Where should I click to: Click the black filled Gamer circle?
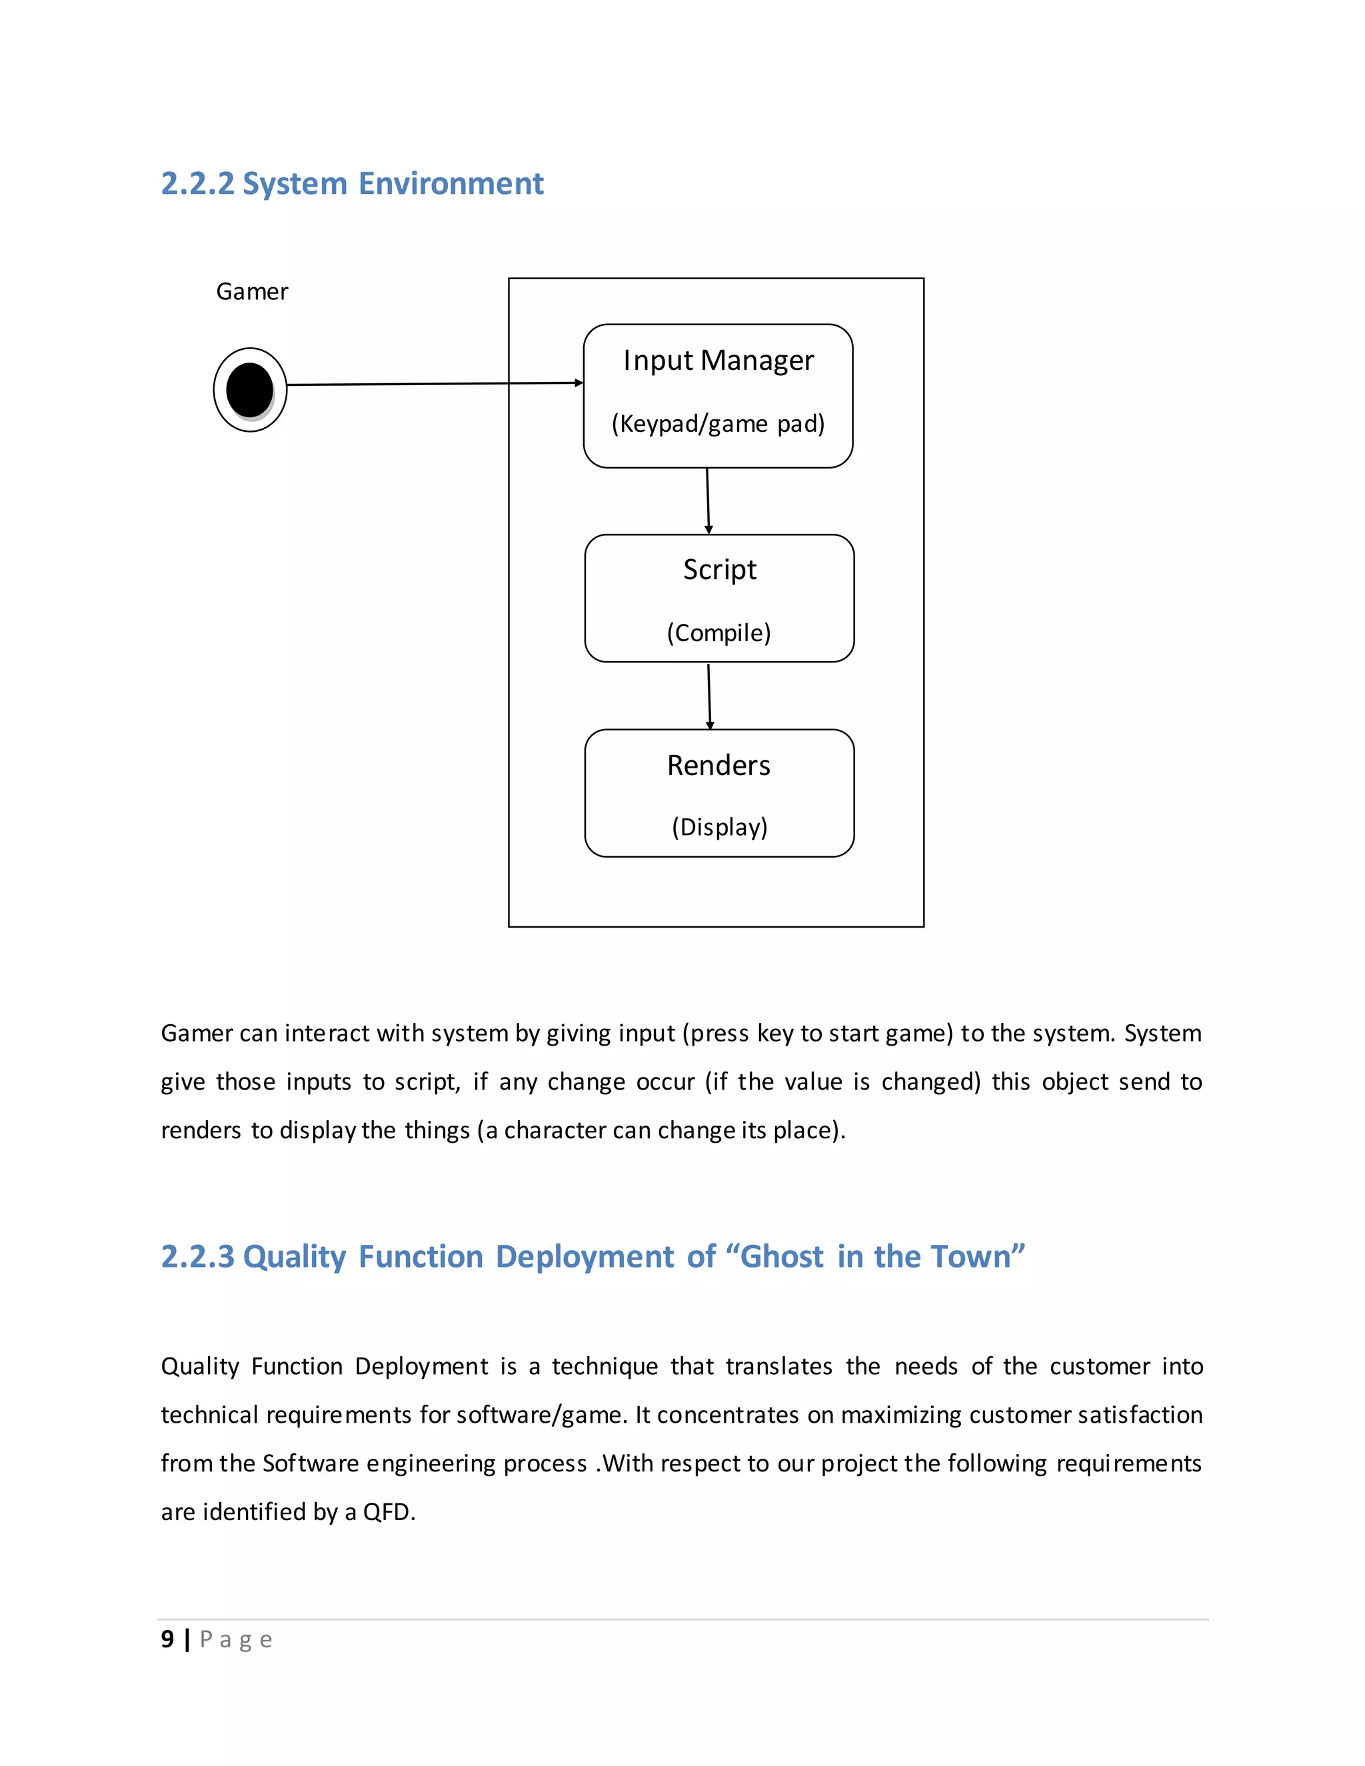click(250, 390)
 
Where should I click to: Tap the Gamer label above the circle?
click(251, 292)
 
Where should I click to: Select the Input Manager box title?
click(718, 361)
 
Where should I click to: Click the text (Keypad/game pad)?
click(718, 424)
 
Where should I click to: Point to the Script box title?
click(720, 570)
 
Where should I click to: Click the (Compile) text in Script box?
click(719, 632)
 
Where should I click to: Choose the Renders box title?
click(719, 766)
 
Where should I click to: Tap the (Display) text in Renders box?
click(720, 827)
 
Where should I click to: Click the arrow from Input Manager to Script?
click(708, 500)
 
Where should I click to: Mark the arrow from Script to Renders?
click(709, 696)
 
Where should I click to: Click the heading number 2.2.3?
click(197, 1258)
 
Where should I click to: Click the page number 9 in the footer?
click(167, 1639)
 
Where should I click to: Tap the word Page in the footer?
click(235, 1640)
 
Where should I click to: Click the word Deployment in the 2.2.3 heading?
click(585, 1258)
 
